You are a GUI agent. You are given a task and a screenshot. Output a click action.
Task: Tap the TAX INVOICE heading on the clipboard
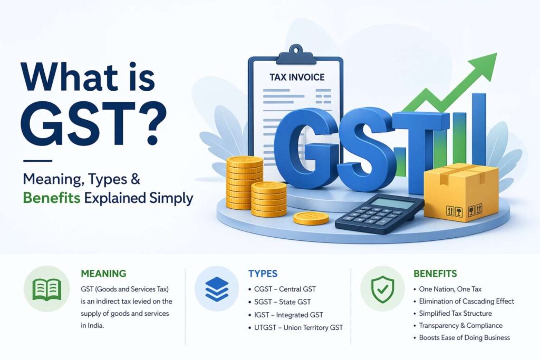pyautogui.click(x=297, y=77)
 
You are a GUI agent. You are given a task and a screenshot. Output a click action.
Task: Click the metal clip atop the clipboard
pyautogui.click(x=299, y=53)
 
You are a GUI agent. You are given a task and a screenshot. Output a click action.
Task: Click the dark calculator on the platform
pyautogui.click(x=378, y=213)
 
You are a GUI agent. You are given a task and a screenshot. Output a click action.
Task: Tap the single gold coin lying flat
pyautogui.click(x=311, y=218)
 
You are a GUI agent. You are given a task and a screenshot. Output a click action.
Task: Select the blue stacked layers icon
pyautogui.click(x=217, y=288)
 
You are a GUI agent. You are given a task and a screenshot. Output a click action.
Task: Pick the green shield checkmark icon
pyautogui.click(x=382, y=288)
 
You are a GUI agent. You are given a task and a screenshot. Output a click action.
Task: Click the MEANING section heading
pyautogui.click(x=103, y=274)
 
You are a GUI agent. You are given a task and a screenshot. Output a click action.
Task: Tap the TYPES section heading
pyautogui.click(x=263, y=274)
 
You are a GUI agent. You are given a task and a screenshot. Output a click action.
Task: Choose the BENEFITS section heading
pyautogui.click(x=435, y=274)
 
